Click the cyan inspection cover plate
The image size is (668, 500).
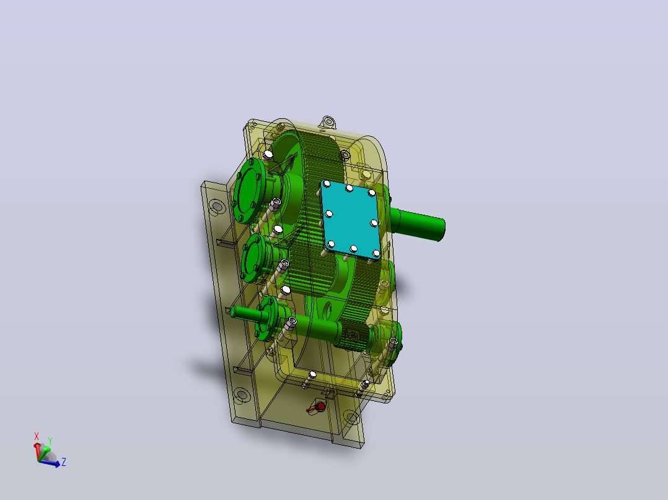coord(351,219)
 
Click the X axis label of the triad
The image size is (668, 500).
coord(36,437)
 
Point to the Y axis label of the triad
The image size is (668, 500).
coord(50,441)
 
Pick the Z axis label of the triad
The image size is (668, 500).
coord(63,462)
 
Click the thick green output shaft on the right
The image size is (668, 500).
coord(418,224)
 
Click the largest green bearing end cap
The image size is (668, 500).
coord(250,190)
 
